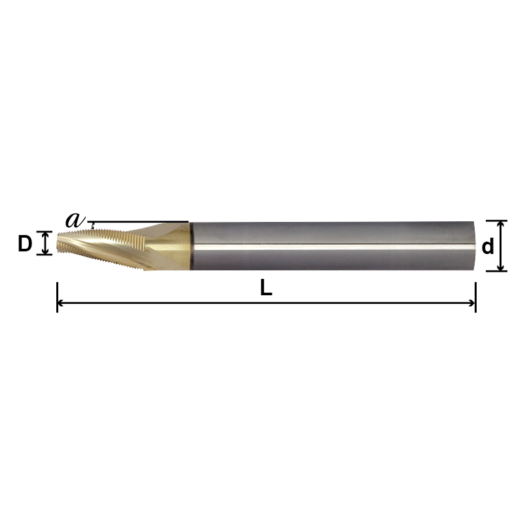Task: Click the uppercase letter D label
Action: click(x=25, y=244)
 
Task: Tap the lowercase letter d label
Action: click(x=488, y=247)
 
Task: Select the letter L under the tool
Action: click(x=265, y=289)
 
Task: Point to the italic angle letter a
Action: click(x=75, y=219)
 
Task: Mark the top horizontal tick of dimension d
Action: click(x=496, y=221)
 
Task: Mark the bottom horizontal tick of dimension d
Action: click(x=496, y=270)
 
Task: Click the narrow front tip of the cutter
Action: click(x=61, y=243)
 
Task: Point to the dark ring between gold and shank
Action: click(x=190, y=246)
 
